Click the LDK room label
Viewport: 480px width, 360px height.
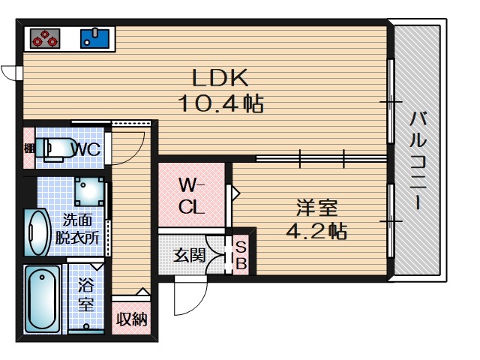coord(220,77)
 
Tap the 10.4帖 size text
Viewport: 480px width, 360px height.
coord(220,103)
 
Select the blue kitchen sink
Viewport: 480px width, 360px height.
coord(95,38)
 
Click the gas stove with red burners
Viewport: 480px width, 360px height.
coord(45,38)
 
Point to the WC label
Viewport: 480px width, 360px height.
coord(86,149)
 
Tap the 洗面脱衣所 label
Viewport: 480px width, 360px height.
coord(77,229)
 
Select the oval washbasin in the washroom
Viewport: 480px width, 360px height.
coord(37,232)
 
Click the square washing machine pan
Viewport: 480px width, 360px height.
coord(89,191)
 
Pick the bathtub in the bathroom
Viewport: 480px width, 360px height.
coord(43,298)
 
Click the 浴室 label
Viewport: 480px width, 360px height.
coord(85,294)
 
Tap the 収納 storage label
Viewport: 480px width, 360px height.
coord(132,319)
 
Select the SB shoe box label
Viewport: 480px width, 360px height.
coord(241,255)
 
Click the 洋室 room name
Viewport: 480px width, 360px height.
coord(316,208)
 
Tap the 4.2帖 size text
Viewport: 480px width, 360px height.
coord(316,231)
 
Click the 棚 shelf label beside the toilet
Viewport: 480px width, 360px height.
coord(30,148)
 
